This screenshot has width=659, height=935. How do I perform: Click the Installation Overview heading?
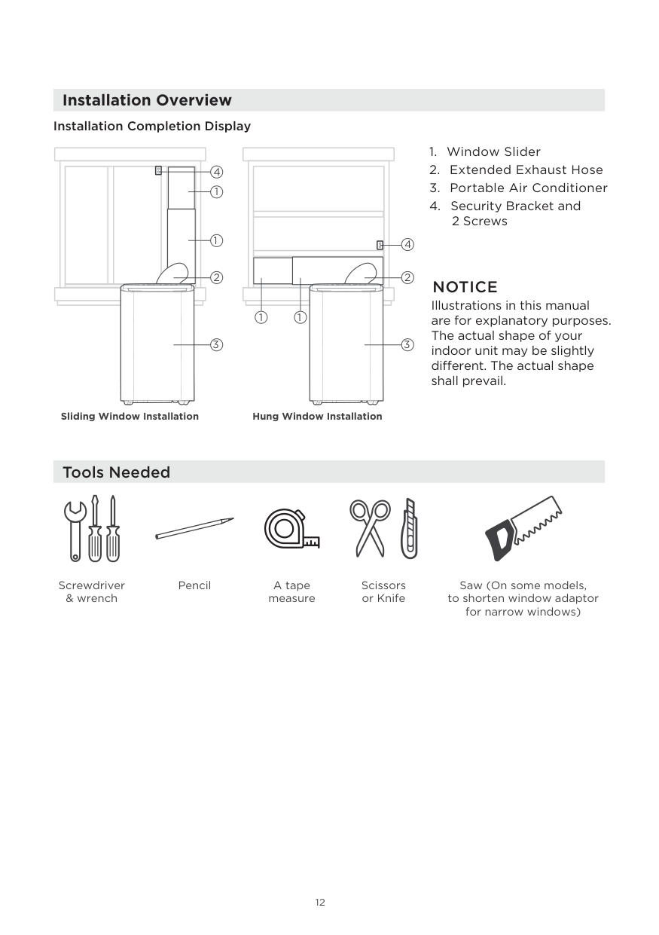147,100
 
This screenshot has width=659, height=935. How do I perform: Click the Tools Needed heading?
116,472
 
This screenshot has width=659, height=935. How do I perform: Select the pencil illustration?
194,527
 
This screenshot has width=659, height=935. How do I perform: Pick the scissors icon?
370,527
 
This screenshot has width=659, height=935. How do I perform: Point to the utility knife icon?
408,528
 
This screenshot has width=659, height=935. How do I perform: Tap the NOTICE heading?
464,287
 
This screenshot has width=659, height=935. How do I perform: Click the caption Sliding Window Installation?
130,417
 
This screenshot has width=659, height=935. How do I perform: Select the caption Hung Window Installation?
317,417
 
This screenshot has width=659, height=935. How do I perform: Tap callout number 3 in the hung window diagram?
407,345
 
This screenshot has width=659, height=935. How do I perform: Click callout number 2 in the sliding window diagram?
216,278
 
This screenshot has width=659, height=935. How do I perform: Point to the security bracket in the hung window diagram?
380,245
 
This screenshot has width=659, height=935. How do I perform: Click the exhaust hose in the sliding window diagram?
174,273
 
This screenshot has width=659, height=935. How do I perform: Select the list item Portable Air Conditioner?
528,188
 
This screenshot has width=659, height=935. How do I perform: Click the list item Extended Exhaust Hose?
526,170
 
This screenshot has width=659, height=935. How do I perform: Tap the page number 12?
320,903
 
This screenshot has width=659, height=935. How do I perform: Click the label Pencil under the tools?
194,585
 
